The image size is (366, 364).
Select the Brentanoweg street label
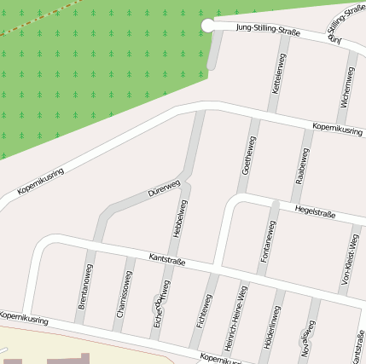click(85, 285)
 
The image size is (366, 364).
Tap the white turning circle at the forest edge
click(208, 26)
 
